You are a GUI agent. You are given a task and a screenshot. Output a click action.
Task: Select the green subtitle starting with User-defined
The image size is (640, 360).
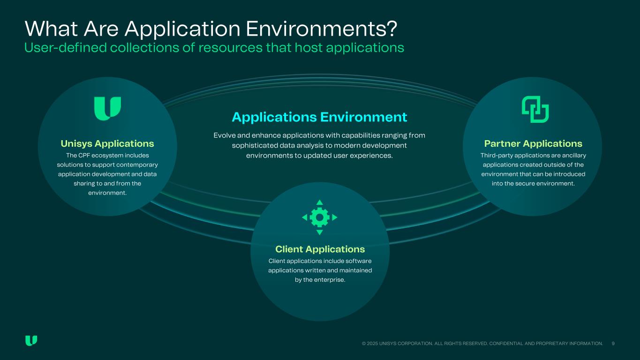[x=214, y=47]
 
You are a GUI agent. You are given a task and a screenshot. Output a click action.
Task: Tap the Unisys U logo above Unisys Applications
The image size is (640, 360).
[x=107, y=108]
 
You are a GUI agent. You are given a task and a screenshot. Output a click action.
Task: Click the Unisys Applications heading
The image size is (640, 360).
[x=107, y=143]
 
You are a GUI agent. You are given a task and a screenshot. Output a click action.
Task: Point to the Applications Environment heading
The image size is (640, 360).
[x=319, y=116]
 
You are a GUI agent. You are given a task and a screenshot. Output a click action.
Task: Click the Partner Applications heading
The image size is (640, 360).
[x=533, y=143]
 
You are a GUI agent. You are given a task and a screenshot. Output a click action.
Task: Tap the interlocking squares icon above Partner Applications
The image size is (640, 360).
[x=535, y=109]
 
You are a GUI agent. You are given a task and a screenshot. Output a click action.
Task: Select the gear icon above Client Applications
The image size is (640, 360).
[x=320, y=217]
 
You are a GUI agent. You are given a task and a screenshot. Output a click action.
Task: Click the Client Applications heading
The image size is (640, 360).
[x=320, y=249]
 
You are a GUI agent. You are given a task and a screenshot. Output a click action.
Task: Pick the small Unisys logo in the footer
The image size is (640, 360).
[x=31, y=341]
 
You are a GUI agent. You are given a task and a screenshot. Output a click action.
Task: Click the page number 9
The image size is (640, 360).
[x=613, y=344]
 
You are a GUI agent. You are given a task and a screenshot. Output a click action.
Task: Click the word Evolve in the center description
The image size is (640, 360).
[x=224, y=135]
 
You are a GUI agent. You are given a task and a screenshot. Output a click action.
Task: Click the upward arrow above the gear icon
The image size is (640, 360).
[x=320, y=202]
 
